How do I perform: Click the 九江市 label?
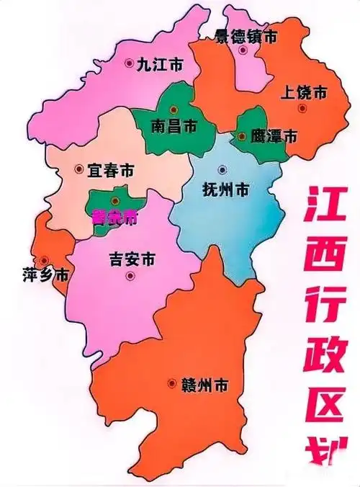pyautogui.click(x=160, y=65)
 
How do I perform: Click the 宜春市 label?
pyautogui.click(x=109, y=171)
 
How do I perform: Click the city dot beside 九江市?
pyautogui.click(x=128, y=63)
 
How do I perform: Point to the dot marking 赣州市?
pyautogui.click(x=171, y=384)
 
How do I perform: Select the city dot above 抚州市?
pyautogui.click(x=222, y=170)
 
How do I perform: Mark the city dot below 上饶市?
pyautogui.click(x=302, y=108)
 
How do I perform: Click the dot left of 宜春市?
pyautogui.click(x=78, y=170)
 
